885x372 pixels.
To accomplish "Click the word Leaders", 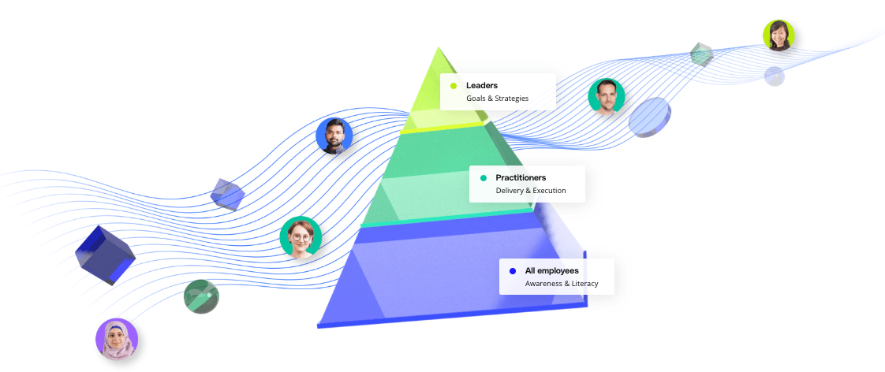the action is (481, 86).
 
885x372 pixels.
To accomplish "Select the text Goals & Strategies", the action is (497, 98).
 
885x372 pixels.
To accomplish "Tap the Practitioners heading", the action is (521, 177).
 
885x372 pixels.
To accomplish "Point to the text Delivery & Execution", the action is (531, 191).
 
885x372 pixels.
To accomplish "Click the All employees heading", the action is (551, 271).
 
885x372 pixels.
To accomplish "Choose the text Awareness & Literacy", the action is (562, 284).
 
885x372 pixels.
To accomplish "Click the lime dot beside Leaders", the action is (454, 86).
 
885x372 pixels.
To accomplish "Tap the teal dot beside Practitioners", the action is (484, 178).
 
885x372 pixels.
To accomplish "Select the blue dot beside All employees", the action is (513, 271).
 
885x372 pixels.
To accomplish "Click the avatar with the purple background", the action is (117, 340).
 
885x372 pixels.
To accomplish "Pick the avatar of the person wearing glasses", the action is (301, 236).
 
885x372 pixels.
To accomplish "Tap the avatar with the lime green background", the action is (779, 35).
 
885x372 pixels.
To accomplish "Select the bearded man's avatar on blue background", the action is (334, 136).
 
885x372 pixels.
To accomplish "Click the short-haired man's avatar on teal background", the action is (607, 97).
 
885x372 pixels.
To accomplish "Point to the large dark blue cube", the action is (105, 255).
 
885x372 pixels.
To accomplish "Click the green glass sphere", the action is (201, 296).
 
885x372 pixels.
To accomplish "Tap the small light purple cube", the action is (227, 194).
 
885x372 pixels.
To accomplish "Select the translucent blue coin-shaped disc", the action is (650, 117).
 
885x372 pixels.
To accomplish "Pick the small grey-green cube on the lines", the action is (701, 54).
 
